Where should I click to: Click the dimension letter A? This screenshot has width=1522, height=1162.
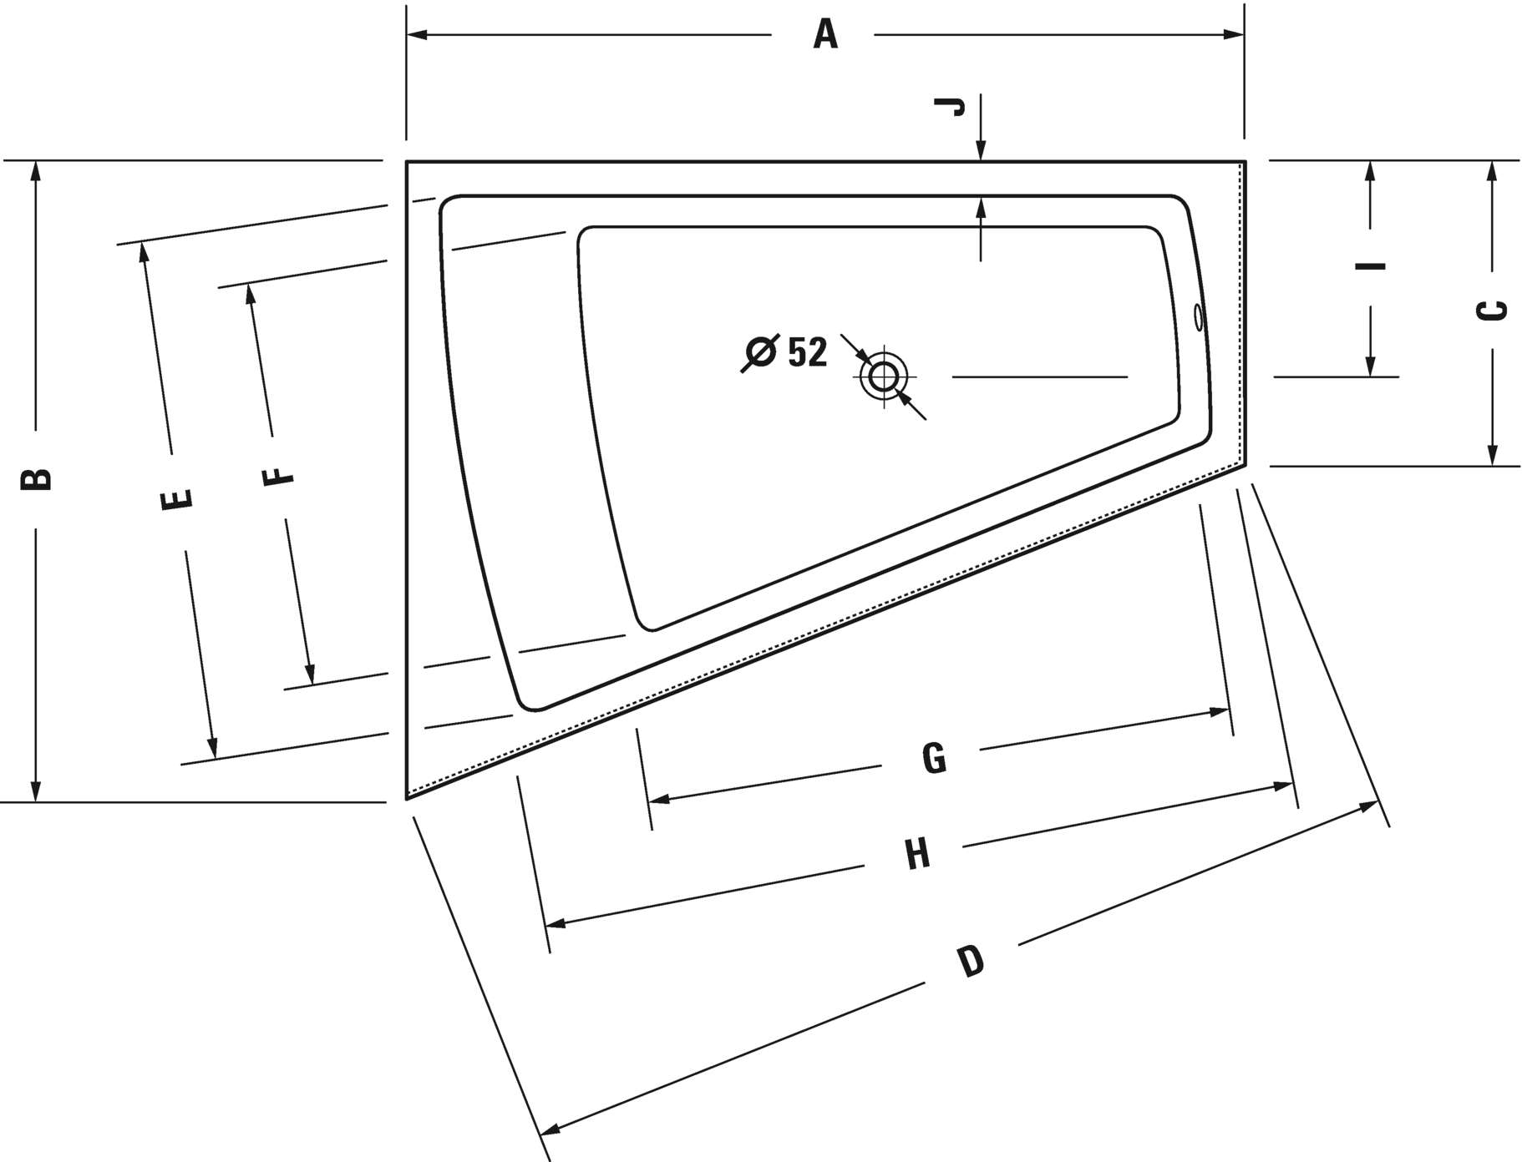[x=825, y=35]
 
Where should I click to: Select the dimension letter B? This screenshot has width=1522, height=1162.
[x=37, y=478]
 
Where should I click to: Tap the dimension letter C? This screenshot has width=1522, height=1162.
[x=1492, y=311]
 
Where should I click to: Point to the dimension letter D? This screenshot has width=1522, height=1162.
[x=971, y=962]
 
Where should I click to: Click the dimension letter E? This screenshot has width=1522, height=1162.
[x=177, y=499]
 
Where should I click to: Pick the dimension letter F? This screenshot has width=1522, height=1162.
[x=278, y=477]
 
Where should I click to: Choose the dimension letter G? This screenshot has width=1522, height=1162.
[x=935, y=758]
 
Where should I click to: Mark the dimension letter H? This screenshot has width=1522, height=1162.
[x=917, y=855]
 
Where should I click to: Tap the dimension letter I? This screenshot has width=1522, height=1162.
[x=1370, y=266]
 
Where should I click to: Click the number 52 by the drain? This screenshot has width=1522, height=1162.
[x=807, y=352]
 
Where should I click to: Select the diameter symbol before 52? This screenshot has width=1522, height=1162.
[x=760, y=353]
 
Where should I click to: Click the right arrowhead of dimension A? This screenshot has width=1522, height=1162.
[x=1234, y=35]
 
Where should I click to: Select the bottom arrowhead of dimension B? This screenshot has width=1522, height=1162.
[x=35, y=791]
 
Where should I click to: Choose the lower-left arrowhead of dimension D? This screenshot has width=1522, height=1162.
[x=550, y=1128]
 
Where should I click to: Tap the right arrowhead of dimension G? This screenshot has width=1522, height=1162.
[x=1218, y=712]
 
